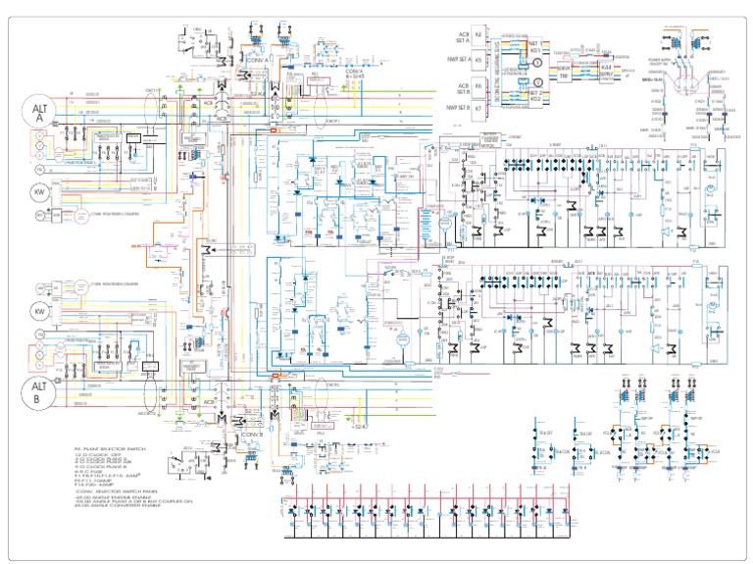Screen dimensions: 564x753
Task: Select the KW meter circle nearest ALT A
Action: (41, 191)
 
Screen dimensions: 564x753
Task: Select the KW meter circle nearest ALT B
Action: (41, 312)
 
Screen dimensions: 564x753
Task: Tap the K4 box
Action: (478, 36)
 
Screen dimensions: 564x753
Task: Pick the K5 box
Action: (478, 59)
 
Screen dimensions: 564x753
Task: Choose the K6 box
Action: (478, 85)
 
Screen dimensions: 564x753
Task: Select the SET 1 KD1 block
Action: (534, 46)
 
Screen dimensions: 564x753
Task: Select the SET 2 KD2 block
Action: (534, 95)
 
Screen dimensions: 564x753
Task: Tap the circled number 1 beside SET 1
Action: (536, 62)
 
